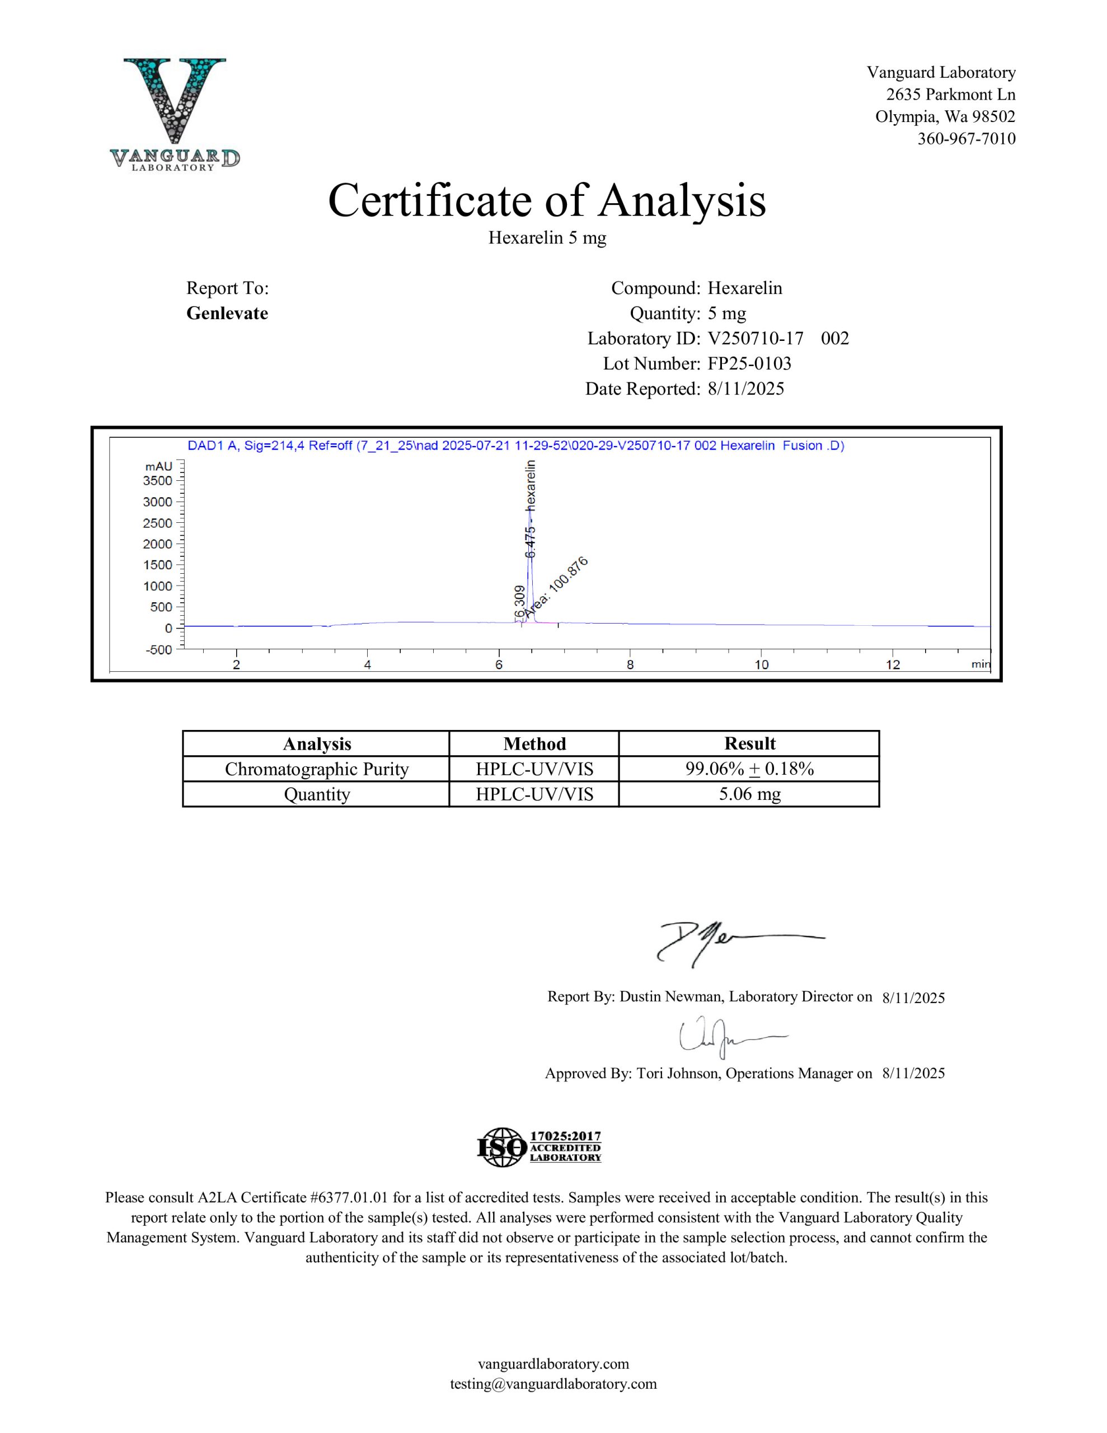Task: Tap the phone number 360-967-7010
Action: pos(966,138)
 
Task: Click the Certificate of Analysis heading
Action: pos(547,200)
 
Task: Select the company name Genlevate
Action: pos(227,313)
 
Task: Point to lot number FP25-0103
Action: pos(749,363)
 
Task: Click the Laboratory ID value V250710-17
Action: pos(756,339)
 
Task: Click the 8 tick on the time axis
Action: pos(630,664)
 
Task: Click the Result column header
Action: pos(749,743)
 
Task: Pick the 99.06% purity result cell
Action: pos(749,769)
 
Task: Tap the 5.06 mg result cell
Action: pos(749,794)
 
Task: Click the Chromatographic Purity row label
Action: pos(316,769)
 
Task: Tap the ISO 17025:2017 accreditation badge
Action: pos(539,1147)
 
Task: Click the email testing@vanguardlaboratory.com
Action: pos(553,1384)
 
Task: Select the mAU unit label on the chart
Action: pos(159,466)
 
